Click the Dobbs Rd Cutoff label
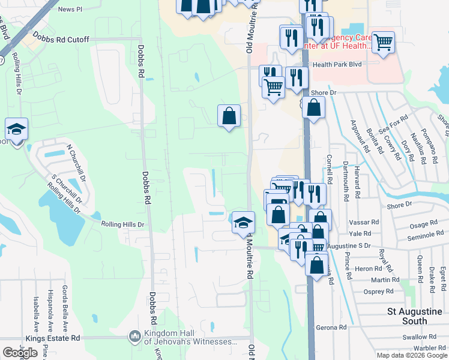pyautogui.click(x=61, y=40)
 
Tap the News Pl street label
pyautogui.click(x=70, y=10)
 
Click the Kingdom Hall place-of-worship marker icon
pyautogui.click(x=134, y=337)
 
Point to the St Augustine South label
pyautogui.click(x=415, y=316)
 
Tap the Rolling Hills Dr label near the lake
pyautogui.click(x=123, y=224)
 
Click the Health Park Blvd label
pyautogui.click(x=337, y=64)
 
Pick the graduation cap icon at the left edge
pyautogui.click(x=16, y=128)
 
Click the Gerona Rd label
pyautogui.click(x=334, y=328)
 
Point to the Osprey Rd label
pyautogui.click(x=379, y=292)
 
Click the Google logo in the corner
pyautogui.click(x=20, y=353)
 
